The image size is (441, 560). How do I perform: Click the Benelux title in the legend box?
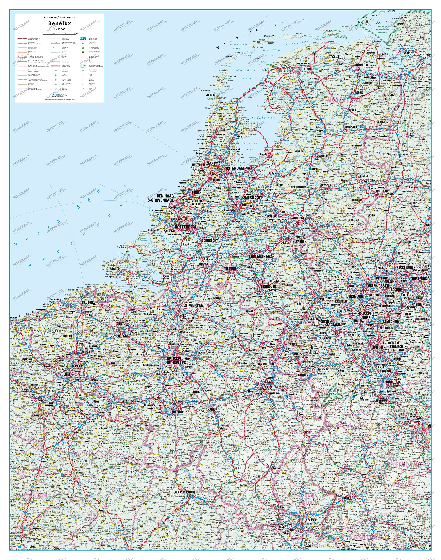pos(59,23)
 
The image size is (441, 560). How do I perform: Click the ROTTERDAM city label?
pos(185,227)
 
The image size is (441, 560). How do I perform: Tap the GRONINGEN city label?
pos(359,65)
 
